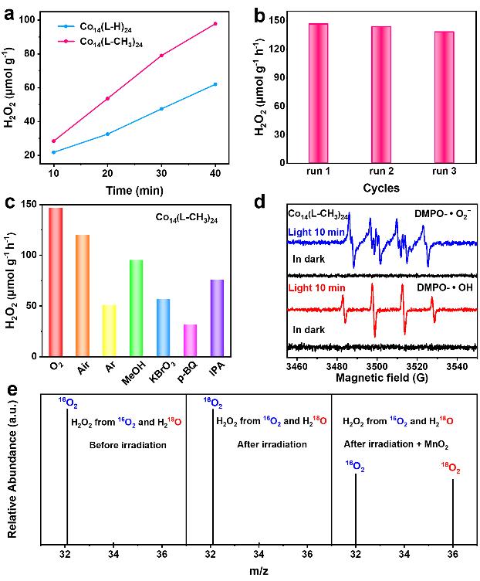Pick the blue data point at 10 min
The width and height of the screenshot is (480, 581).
click(x=53, y=152)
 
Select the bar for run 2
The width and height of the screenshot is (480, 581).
click(x=381, y=97)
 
